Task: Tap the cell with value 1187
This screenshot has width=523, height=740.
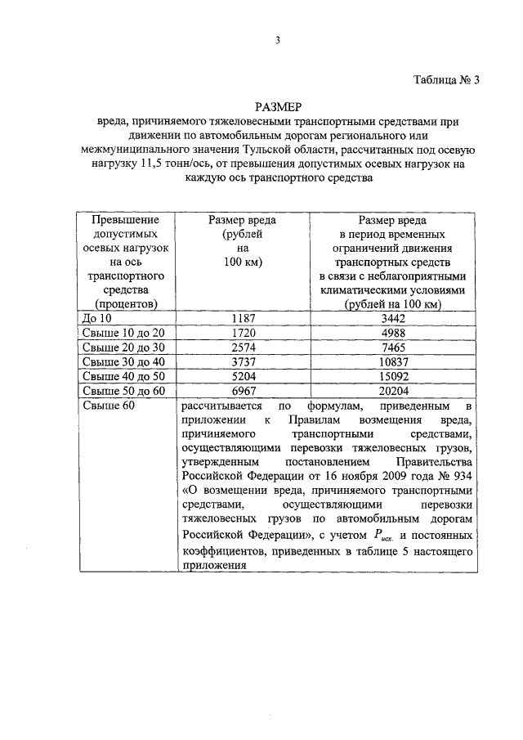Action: pyautogui.click(x=241, y=317)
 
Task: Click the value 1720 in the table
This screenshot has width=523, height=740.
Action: pyautogui.click(x=241, y=332)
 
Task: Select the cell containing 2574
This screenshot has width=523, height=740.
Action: pyautogui.click(x=241, y=347)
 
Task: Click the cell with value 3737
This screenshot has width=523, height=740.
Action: pyautogui.click(x=241, y=361)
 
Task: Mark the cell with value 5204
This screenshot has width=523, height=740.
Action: pyautogui.click(x=241, y=376)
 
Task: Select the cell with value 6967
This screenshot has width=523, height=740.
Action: pyautogui.click(x=241, y=391)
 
